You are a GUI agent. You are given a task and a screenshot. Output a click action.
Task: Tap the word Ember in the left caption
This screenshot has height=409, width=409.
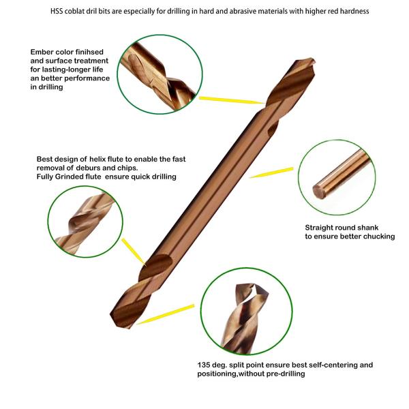click(x=42, y=52)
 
